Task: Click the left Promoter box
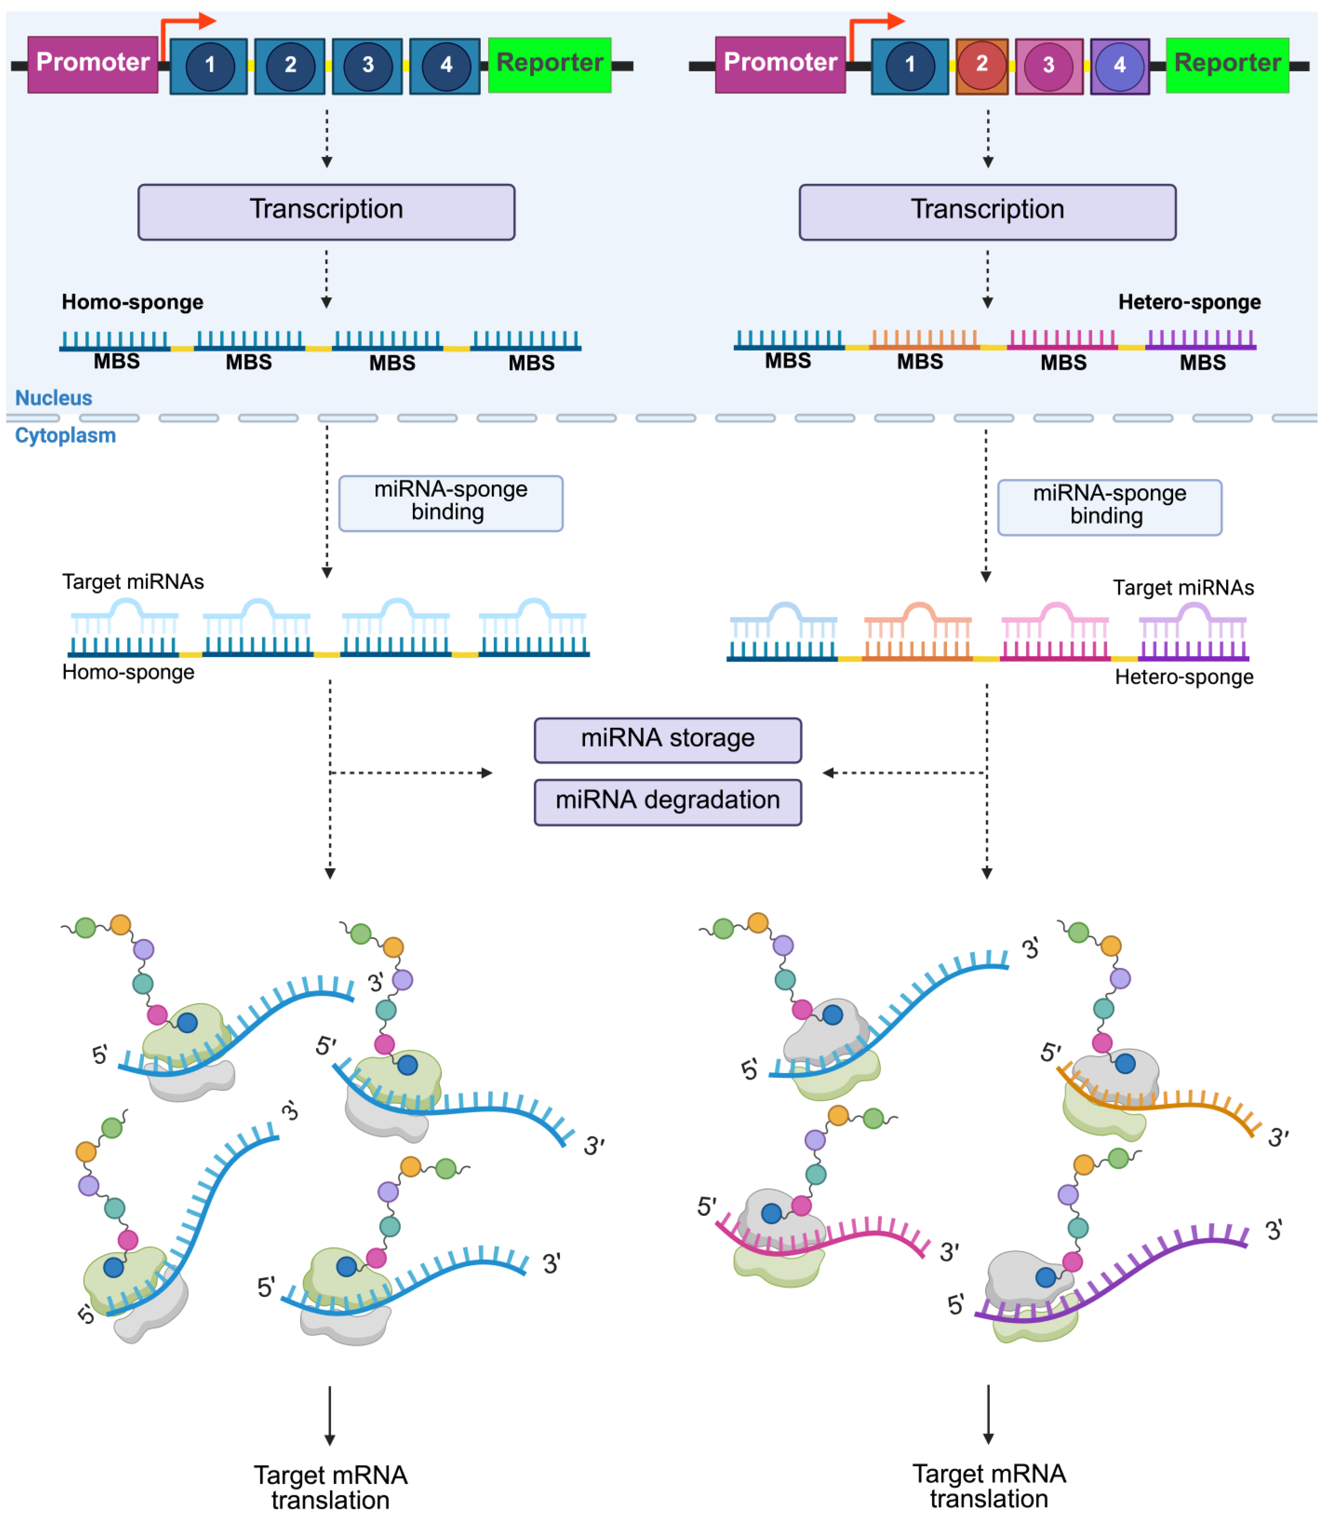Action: point(93,65)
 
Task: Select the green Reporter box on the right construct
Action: point(1227,65)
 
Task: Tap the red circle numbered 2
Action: point(982,65)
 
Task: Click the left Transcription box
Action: point(326,212)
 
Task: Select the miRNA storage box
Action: point(668,740)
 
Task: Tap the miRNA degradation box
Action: point(668,802)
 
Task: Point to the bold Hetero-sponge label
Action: point(1189,302)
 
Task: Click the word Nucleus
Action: point(53,398)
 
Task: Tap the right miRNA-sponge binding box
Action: point(1109,507)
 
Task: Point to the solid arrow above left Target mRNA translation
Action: point(330,1416)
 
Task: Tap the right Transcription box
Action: point(987,212)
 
